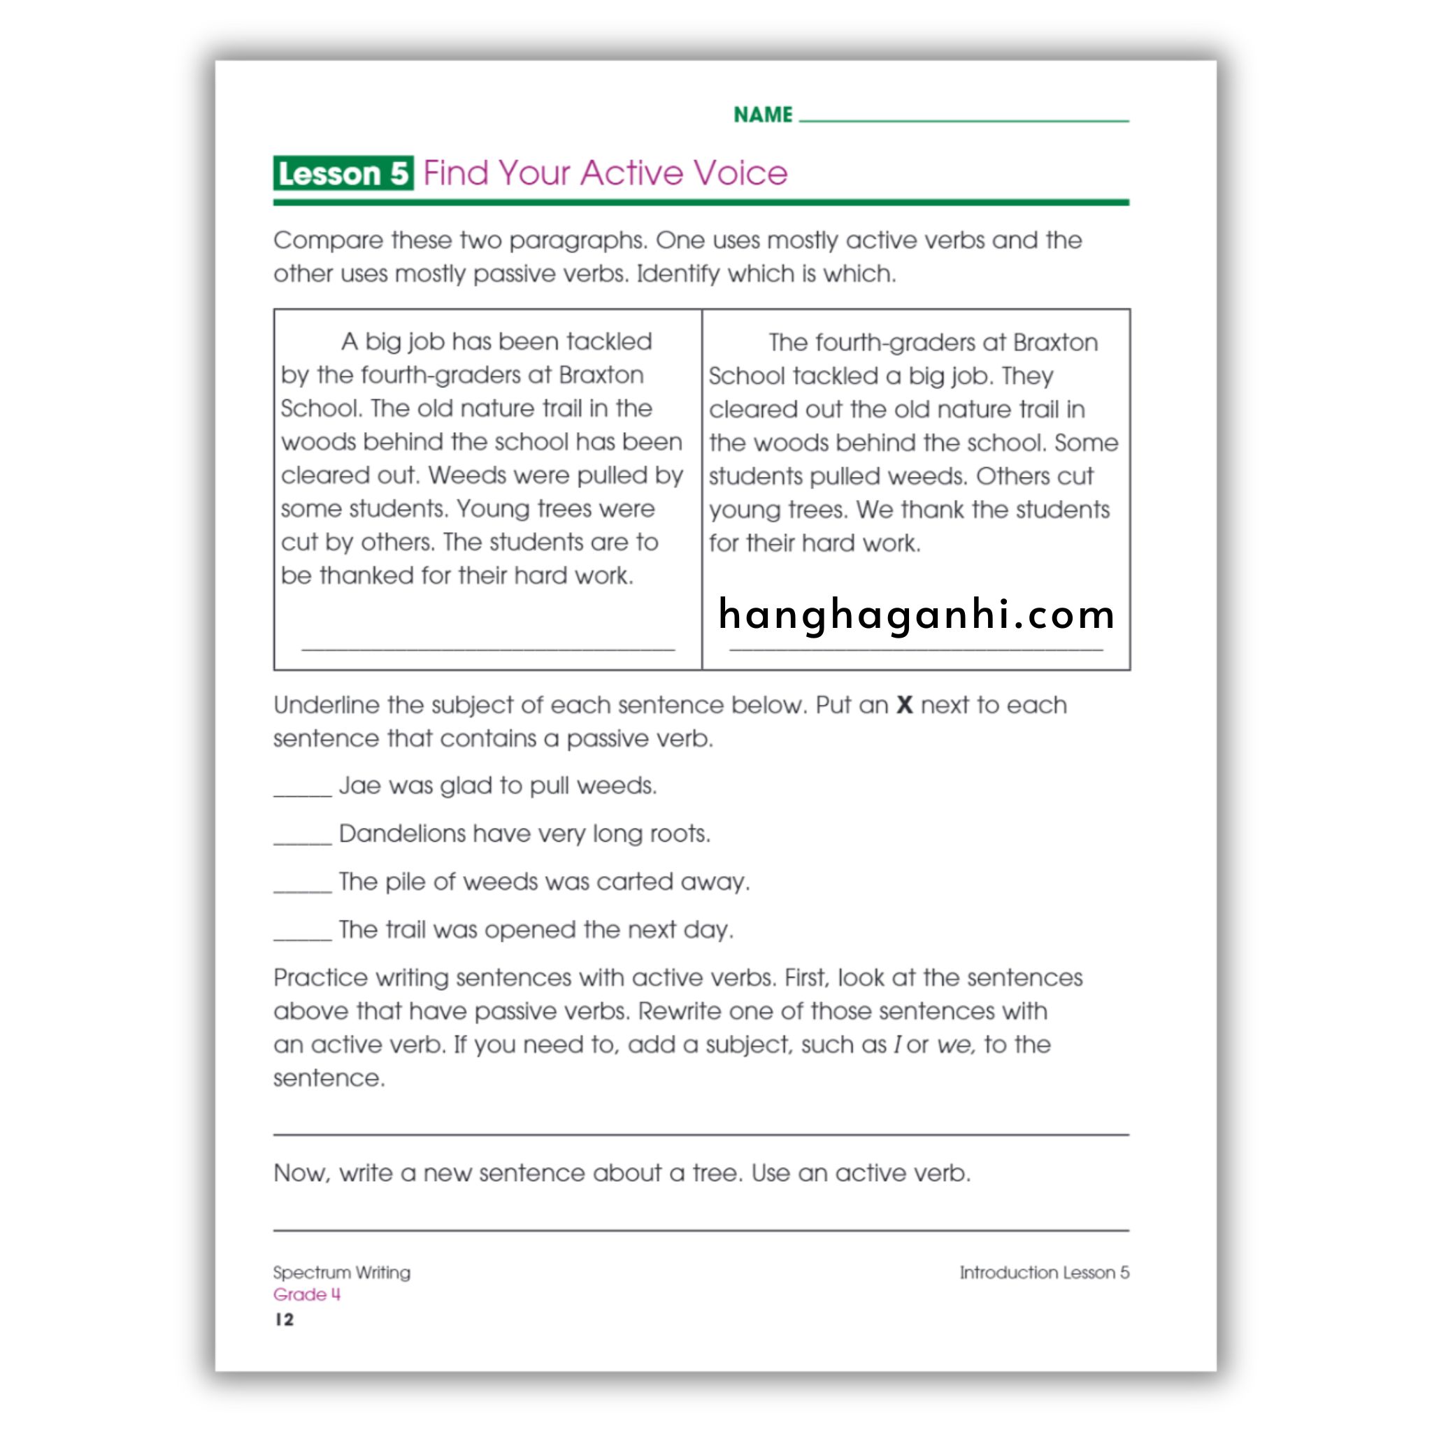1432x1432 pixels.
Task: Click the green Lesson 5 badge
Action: pyautogui.click(x=343, y=173)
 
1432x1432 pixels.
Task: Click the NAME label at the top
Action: pyautogui.click(x=763, y=115)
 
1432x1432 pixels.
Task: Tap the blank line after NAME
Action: pyautogui.click(x=964, y=118)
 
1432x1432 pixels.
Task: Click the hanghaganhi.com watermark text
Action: pyautogui.click(x=916, y=615)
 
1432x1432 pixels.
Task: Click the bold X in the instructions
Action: pyautogui.click(x=904, y=705)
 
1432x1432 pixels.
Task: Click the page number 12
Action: pyautogui.click(x=285, y=1320)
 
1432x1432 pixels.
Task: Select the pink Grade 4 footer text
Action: pyautogui.click(x=307, y=1295)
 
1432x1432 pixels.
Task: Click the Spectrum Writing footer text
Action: pyautogui.click(x=342, y=1273)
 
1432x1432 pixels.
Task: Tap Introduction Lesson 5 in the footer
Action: pyautogui.click(x=1045, y=1273)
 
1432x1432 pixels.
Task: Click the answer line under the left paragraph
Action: pyautogui.click(x=488, y=649)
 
